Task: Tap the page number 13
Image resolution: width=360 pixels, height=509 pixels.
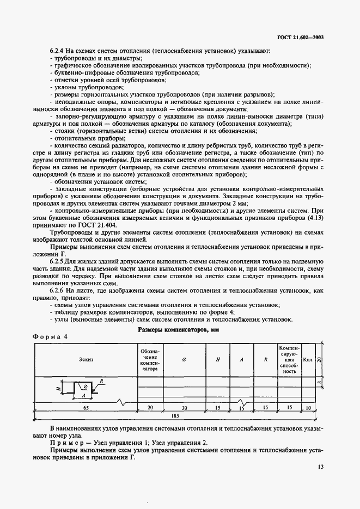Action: click(x=320, y=467)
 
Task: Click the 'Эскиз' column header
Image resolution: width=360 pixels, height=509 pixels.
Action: click(x=85, y=359)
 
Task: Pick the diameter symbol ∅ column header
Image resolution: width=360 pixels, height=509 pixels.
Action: click(x=184, y=360)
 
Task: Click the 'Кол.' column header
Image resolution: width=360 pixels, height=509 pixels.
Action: click(x=308, y=359)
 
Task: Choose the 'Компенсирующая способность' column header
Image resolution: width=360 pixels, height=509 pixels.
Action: click(x=289, y=359)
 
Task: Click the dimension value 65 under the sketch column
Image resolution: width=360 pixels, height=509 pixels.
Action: click(x=86, y=407)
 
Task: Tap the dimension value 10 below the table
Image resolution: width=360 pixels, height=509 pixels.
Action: click(x=308, y=407)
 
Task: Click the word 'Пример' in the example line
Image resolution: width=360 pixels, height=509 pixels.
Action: click(x=64, y=444)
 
